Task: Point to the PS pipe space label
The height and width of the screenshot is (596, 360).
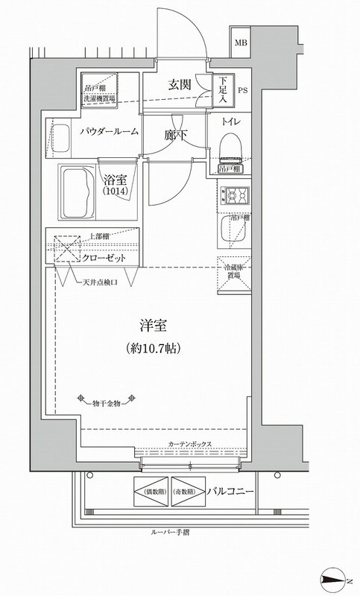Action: [x=243, y=92]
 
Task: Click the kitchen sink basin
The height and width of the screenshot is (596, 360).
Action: [x=227, y=232]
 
